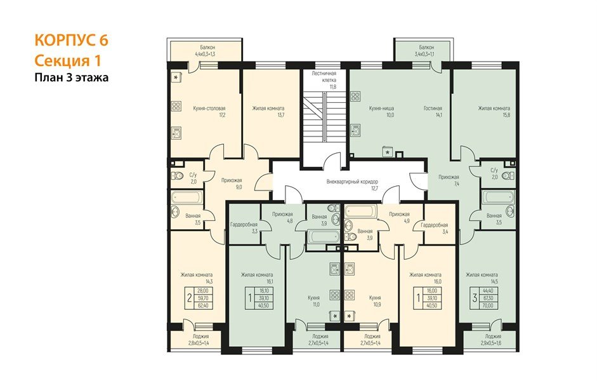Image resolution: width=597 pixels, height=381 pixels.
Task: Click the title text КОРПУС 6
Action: pyautogui.click(x=71, y=40)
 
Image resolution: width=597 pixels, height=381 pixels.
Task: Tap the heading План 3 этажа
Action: pyautogui.click(x=71, y=78)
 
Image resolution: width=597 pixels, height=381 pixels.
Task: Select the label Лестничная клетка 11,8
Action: pyautogui.click(x=324, y=80)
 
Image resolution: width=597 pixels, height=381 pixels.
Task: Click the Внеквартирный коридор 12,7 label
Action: pyautogui.click(x=348, y=184)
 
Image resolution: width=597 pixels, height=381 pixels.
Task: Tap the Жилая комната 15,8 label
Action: pyautogui.click(x=494, y=112)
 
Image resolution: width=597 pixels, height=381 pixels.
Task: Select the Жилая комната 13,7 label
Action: pyautogui.click(x=268, y=112)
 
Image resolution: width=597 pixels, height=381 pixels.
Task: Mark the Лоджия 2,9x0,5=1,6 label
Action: pyautogui.click(x=493, y=340)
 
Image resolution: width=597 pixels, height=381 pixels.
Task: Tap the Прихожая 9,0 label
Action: pyautogui.click(x=232, y=184)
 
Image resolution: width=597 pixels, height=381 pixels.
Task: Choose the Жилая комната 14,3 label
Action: pyautogui.click(x=195, y=278)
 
